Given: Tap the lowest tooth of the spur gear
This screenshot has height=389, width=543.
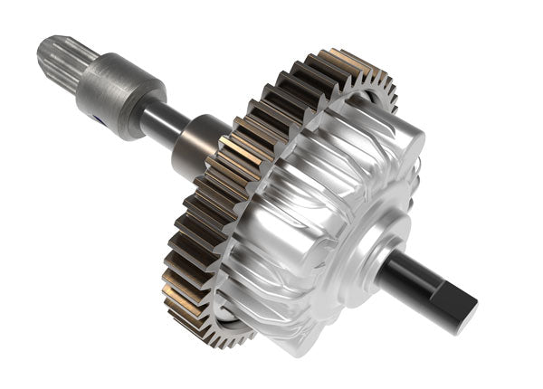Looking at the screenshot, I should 226,339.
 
